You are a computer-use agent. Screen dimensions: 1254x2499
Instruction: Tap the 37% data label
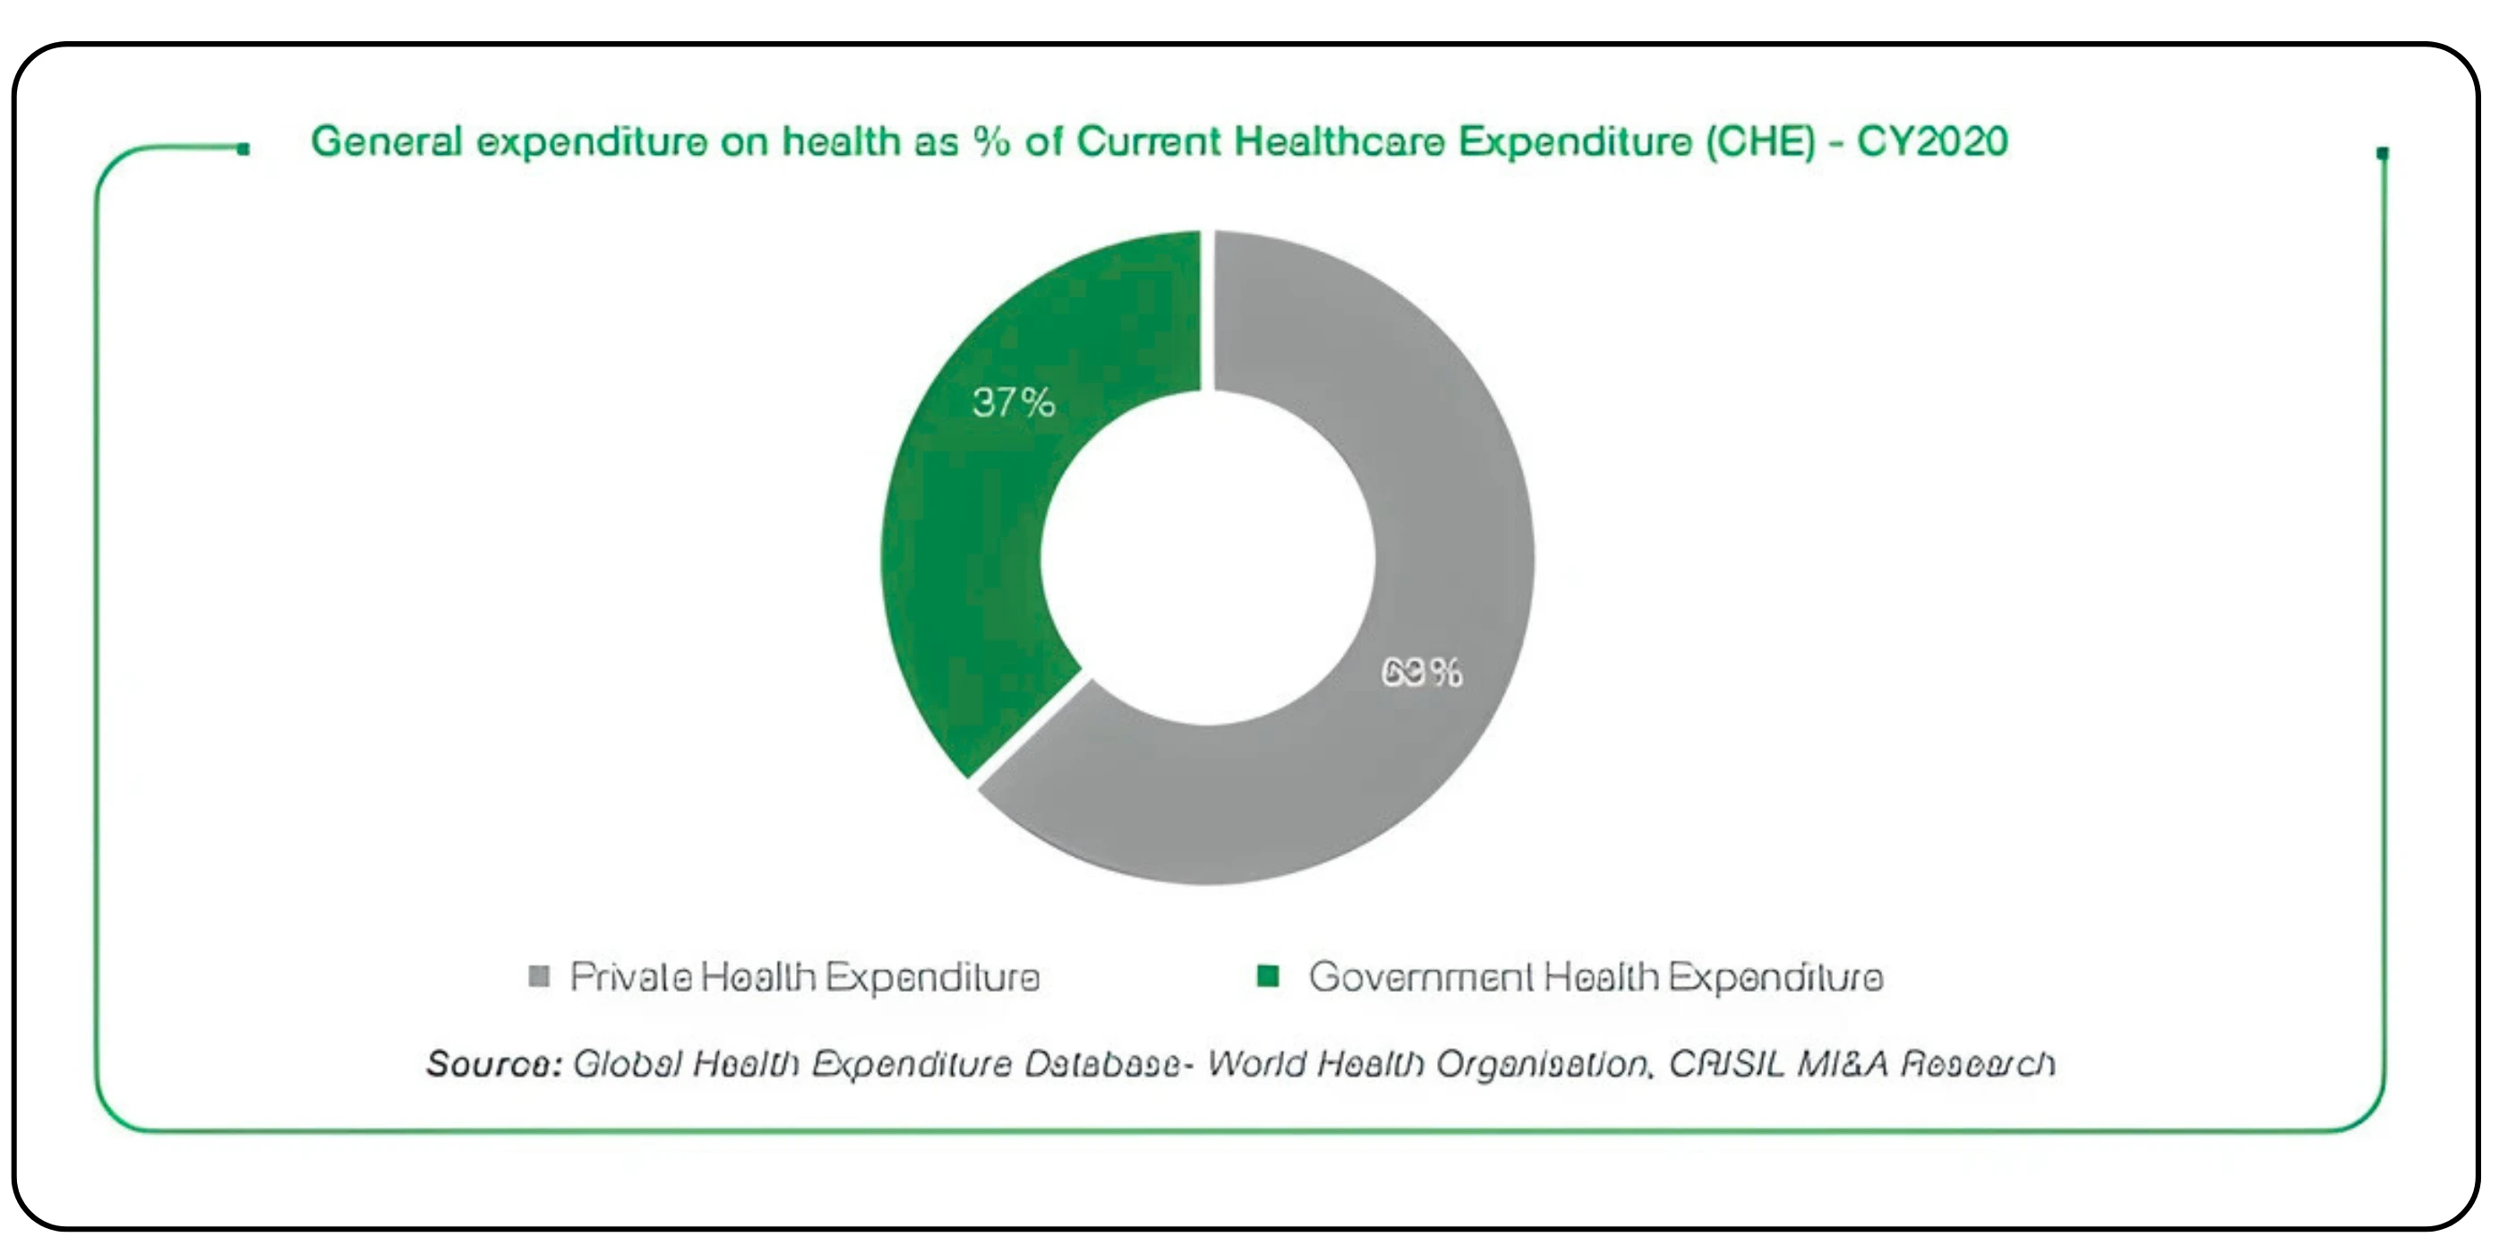coord(1013,403)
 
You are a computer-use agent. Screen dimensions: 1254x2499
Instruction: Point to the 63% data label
coord(1421,672)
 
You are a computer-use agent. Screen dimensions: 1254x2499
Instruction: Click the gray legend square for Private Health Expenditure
coord(538,976)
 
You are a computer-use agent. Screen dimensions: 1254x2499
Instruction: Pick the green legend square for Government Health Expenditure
coord(1267,976)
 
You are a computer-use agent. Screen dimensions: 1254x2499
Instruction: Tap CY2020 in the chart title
coord(1931,141)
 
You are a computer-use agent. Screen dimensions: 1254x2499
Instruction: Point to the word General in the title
coord(386,141)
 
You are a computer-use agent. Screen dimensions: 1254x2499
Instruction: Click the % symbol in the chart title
coord(991,141)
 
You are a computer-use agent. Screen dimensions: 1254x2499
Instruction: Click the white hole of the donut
coord(1208,558)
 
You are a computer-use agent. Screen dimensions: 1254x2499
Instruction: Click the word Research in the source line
coord(1976,1064)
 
